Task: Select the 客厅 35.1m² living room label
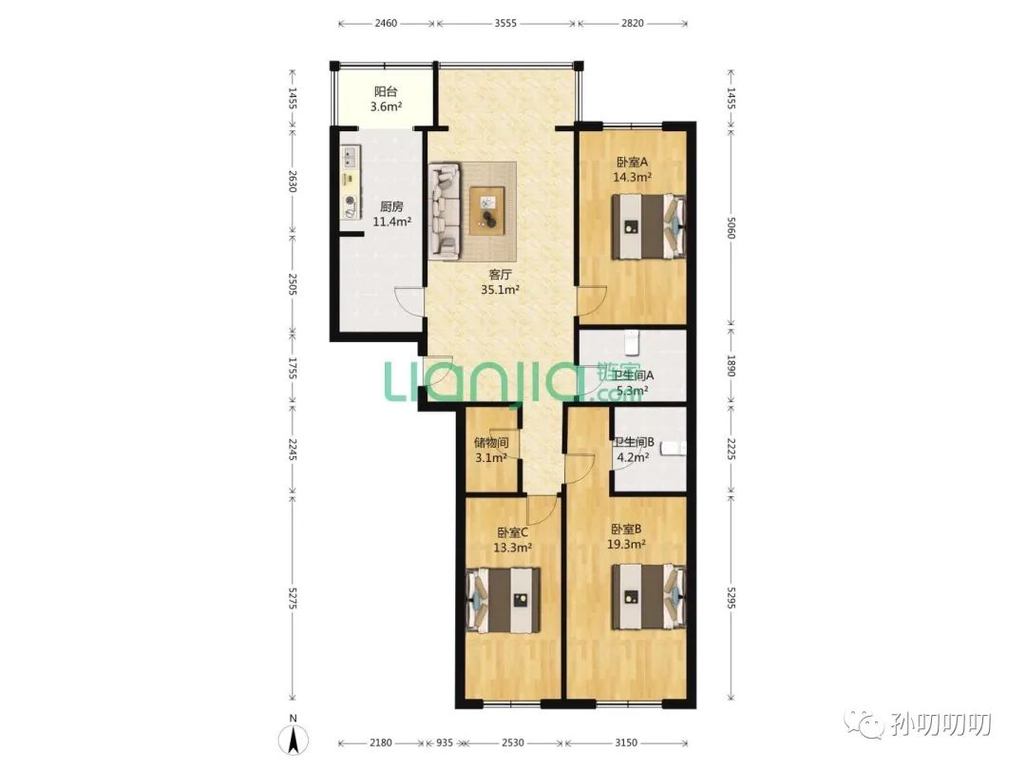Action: [500, 281]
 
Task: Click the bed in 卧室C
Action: [503, 601]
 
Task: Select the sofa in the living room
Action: [446, 209]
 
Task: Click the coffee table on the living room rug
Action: [486, 210]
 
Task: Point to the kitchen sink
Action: [350, 157]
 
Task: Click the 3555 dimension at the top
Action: [505, 23]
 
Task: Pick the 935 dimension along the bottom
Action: [444, 742]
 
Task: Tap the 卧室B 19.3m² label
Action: [627, 536]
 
